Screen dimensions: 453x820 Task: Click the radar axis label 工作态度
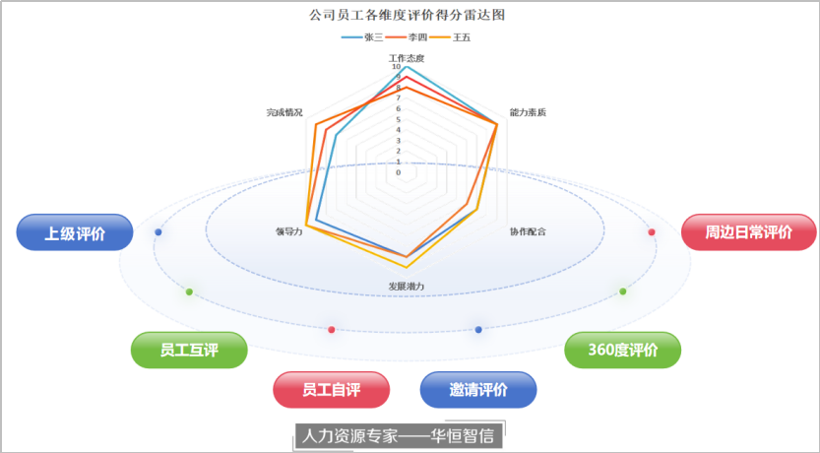tap(407, 57)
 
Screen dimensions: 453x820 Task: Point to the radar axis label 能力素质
tap(528, 112)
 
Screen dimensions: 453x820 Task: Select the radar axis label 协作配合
tap(528, 231)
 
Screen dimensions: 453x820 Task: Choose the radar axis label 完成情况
tap(284, 112)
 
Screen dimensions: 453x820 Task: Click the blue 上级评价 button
tap(74, 233)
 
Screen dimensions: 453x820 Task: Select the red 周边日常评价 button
tap(748, 233)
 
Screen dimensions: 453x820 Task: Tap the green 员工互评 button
tap(189, 350)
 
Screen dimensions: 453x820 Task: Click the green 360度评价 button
tap(622, 350)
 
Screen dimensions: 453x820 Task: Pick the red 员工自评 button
tap(331, 390)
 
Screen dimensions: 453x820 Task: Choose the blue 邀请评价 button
tap(478, 390)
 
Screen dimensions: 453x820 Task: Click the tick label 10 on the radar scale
tap(397, 67)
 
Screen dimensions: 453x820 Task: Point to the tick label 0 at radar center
tap(399, 172)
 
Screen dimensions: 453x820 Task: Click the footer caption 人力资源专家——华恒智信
tap(399, 435)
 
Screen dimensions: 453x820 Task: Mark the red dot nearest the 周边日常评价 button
tap(652, 231)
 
